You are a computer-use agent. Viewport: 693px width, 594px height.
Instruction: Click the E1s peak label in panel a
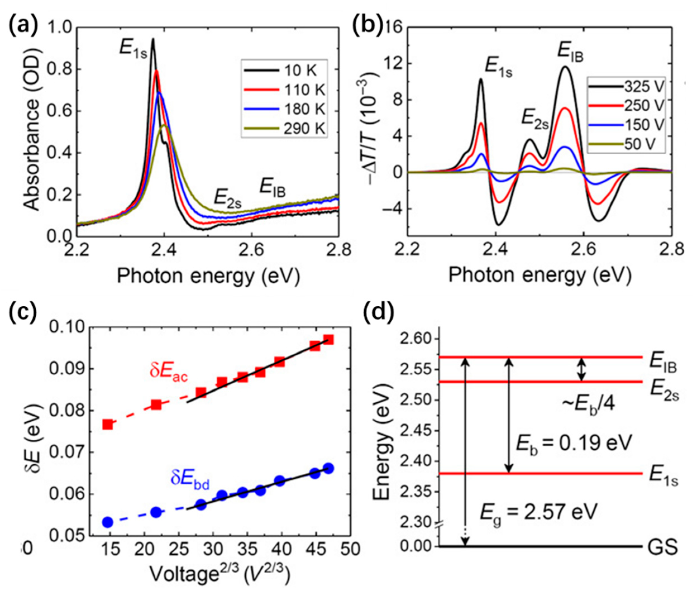point(133,52)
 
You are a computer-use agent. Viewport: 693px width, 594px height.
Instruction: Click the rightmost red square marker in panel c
point(328,340)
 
